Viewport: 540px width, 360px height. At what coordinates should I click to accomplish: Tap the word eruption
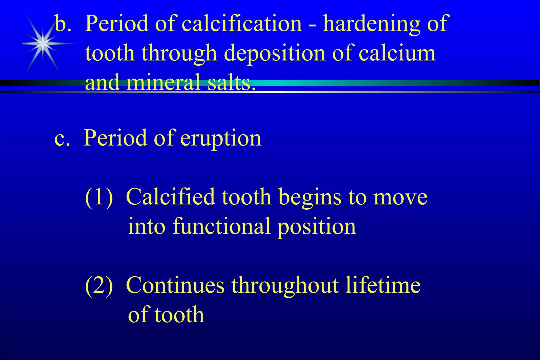221,138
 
